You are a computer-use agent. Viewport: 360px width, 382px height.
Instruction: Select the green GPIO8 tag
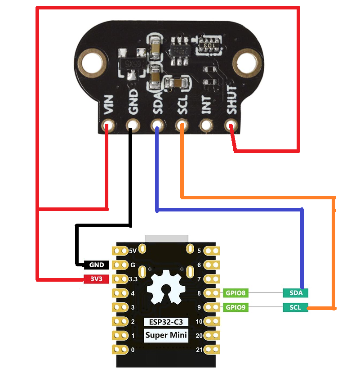coord(236,293)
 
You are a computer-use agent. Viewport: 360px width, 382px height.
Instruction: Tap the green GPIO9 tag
coord(236,308)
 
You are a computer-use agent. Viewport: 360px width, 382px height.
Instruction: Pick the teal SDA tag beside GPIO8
coord(296,293)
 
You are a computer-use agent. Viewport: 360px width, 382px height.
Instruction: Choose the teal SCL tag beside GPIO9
coord(296,308)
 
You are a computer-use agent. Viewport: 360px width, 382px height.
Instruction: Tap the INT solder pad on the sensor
coord(206,125)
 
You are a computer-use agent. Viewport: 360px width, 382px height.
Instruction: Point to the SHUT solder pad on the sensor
coord(231,125)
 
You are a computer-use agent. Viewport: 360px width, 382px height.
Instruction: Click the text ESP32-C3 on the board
coord(166,322)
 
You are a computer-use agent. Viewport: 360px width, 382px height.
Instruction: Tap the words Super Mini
coord(166,335)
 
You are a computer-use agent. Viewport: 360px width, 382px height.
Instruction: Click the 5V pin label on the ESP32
coord(133,251)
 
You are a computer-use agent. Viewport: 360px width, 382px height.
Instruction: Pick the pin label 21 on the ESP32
coord(200,350)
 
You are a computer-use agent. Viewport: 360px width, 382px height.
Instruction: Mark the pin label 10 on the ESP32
coord(200,322)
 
